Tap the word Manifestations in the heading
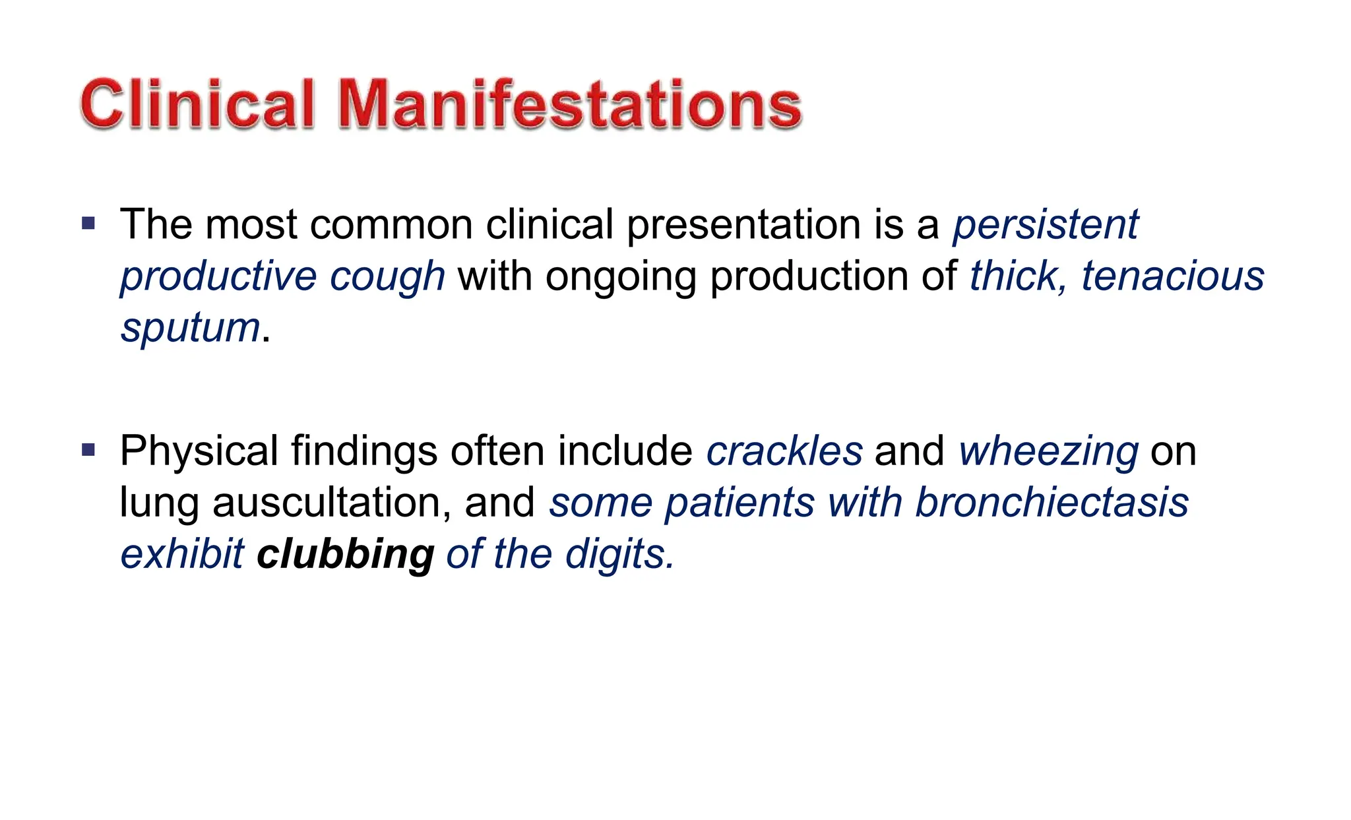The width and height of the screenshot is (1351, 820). (570, 104)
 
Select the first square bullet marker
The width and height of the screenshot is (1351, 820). (88, 223)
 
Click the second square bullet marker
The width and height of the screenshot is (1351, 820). (88, 451)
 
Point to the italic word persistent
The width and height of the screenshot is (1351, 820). (1046, 224)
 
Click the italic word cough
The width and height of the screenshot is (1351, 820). (387, 276)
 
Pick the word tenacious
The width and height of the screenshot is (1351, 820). (1172, 276)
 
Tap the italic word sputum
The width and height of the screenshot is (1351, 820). (191, 328)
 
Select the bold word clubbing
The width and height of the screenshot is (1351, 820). (345, 553)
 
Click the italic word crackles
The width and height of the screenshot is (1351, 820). (784, 451)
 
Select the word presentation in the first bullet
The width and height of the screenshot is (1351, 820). (743, 224)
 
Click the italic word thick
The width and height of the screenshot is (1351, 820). (1015, 276)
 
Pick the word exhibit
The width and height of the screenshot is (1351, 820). (182, 553)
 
